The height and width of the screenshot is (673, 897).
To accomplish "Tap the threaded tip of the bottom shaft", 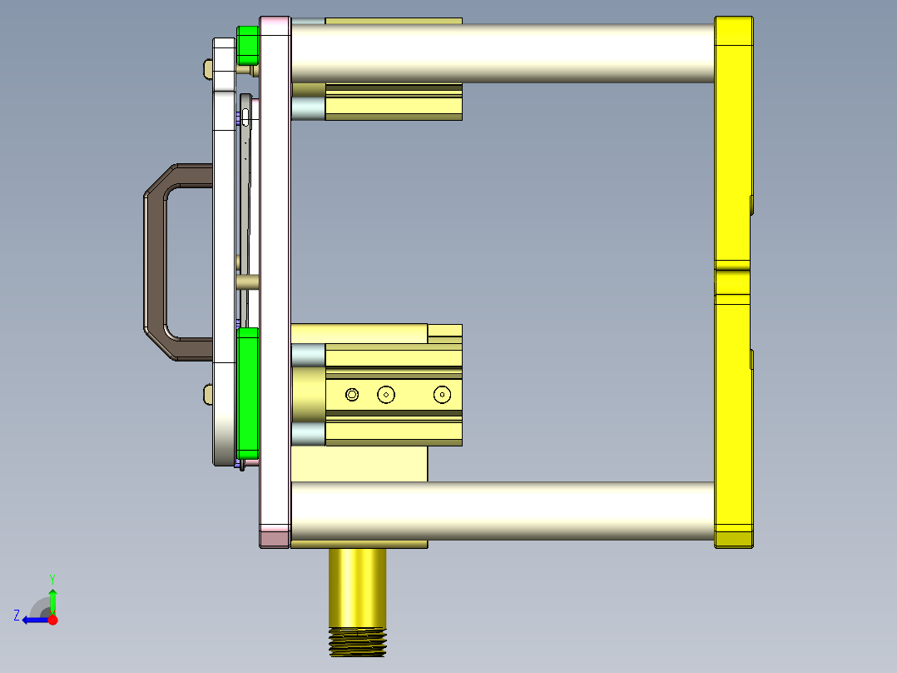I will click(358, 642).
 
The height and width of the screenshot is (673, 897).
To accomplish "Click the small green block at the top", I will click(247, 45).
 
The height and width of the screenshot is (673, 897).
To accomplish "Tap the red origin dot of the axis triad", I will click(52, 620).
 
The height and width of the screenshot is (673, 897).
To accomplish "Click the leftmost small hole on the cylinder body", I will click(352, 394).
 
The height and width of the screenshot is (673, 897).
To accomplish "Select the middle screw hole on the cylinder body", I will click(385, 394).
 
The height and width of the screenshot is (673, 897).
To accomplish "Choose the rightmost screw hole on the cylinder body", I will click(442, 394).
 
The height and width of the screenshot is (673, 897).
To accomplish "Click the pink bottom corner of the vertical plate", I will click(275, 536).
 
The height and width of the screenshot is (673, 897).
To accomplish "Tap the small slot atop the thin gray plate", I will click(245, 116).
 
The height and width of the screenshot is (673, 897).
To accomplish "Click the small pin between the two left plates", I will click(247, 282).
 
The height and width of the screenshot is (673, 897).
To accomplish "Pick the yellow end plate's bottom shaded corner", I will click(733, 539).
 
